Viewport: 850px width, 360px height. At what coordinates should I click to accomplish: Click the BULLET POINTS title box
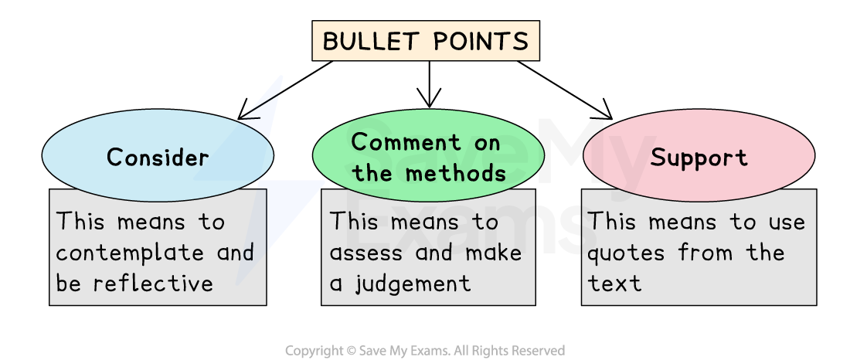(425, 41)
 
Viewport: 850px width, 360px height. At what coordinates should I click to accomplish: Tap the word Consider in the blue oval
(158, 158)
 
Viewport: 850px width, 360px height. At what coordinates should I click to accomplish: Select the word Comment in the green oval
(396, 142)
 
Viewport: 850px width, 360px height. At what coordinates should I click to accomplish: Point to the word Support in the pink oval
(699, 158)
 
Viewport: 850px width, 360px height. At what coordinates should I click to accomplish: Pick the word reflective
(153, 284)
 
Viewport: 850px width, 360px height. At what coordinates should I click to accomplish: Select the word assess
(365, 253)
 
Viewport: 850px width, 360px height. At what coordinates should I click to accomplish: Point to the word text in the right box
(614, 284)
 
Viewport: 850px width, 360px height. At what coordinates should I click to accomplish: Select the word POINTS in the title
(484, 41)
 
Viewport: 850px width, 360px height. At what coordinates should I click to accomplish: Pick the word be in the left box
(68, 284)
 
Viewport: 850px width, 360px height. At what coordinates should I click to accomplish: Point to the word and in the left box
(235, 253)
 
